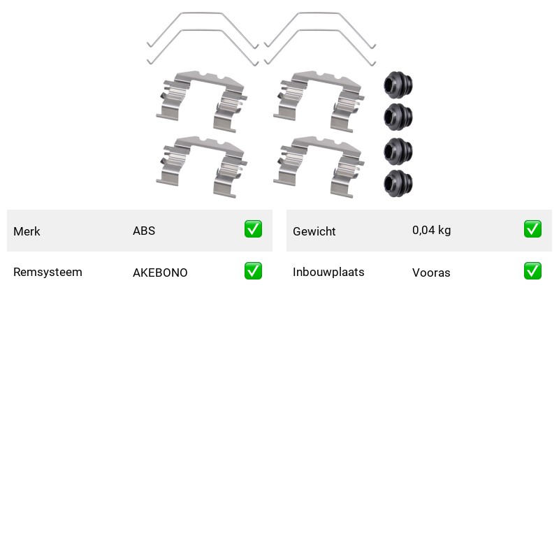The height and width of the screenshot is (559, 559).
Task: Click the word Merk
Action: (x=27, y=231)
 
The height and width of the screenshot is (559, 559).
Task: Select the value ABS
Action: (x=144, y=231)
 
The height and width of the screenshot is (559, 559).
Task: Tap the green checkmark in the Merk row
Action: (x=253, y=229)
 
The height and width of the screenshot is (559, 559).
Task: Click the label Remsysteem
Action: (x=48, y=272)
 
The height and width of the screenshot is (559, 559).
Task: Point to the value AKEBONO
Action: (x=160, y=273)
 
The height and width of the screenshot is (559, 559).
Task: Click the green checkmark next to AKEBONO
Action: (x=253, y=270)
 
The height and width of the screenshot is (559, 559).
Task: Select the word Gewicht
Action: (x=314, y=231)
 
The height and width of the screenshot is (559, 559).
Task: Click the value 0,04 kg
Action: (x=431, y=231)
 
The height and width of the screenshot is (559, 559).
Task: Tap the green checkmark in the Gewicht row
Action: (x=532, y=229)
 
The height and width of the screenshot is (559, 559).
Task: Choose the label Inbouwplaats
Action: (x=328, y=272)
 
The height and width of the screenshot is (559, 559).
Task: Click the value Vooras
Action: (x=431, y=273)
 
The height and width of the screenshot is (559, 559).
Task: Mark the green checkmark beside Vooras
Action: (x=532, y=270)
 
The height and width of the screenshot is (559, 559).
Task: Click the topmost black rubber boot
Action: (x=398, y=85)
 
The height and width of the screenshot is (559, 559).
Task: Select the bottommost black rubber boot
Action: (x=398, y=183)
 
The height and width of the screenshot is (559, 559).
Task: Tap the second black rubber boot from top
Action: (x=398, y=117)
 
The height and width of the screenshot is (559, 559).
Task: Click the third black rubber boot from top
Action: (x=398, y=152)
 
